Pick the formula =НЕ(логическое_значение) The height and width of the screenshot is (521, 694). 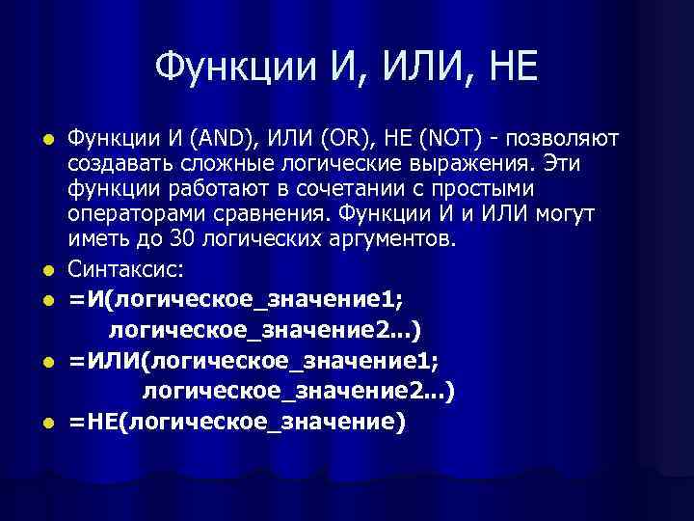click(237, 423)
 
